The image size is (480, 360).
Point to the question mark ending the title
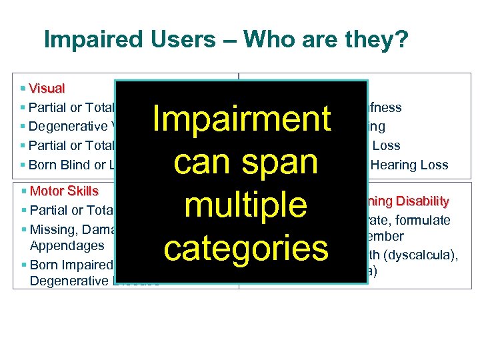coord(401,40)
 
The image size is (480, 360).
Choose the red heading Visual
coord(47,88)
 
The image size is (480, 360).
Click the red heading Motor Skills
coord(64,191)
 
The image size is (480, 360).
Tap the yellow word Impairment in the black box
coord(241,119)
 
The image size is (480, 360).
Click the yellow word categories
coord(246,248)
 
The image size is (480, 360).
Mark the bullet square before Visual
coord(23,88)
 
